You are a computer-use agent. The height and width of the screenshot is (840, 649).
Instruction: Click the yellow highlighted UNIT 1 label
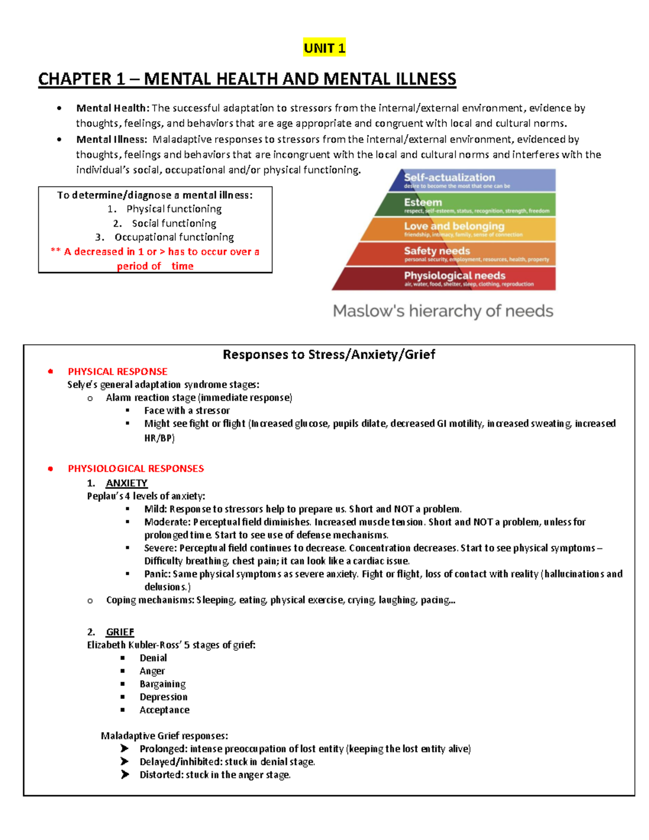(x=324, y=48)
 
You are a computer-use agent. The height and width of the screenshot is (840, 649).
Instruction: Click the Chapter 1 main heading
(x=247, y=79)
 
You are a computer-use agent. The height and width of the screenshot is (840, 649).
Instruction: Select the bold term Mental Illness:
(x=111, y=140)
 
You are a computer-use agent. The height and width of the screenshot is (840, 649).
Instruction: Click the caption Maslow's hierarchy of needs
(x=443, y=311)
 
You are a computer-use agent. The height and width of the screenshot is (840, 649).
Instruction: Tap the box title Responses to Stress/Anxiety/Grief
(x=329, y=354)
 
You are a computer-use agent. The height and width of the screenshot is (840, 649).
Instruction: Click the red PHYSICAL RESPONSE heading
(x=117, y=372)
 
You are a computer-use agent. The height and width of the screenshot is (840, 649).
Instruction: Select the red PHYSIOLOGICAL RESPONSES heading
(x=136, y=468)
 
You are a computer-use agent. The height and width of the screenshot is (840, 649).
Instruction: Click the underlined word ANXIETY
(x=127, y=483)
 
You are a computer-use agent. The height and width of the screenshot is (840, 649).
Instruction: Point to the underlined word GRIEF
(x=120, y=632)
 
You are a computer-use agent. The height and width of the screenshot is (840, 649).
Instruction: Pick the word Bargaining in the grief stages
(x=162, y=684)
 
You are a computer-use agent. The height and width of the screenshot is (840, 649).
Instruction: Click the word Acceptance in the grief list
(x=164, y=710)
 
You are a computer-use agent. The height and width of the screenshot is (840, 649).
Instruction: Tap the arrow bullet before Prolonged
(x=125, y=749)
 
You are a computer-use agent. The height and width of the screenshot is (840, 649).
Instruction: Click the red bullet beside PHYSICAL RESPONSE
(x=50, y=372)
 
